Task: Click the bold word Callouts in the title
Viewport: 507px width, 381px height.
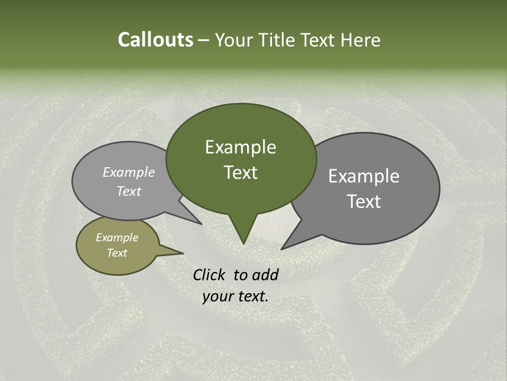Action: click(x=155, y=40)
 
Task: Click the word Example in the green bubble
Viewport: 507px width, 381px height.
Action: click(x=240, y=147)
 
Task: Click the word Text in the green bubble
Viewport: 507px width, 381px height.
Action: click(x=240, y=173)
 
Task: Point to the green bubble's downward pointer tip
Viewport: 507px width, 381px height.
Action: click(x=243, y=243)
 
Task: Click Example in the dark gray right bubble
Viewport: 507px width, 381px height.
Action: click(x=363, y=176)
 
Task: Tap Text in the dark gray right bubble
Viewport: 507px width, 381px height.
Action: click(x=363, y=202)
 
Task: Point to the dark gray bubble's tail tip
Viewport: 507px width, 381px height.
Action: click(x=281, y=249)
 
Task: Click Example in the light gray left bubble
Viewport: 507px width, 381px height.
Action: click(x=128, y=173)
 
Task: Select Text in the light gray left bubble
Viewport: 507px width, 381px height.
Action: click(x=128, y=192)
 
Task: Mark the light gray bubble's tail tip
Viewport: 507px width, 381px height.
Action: click(x=202, y=224)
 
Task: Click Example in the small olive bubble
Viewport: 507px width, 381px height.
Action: click(x=117, y=238)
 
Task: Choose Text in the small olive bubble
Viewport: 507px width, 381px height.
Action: click(x=117, y=253)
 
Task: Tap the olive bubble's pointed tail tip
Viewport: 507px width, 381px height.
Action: click(x=183, y=253)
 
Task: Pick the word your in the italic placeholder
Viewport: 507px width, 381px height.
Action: click(x=217, y=296)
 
